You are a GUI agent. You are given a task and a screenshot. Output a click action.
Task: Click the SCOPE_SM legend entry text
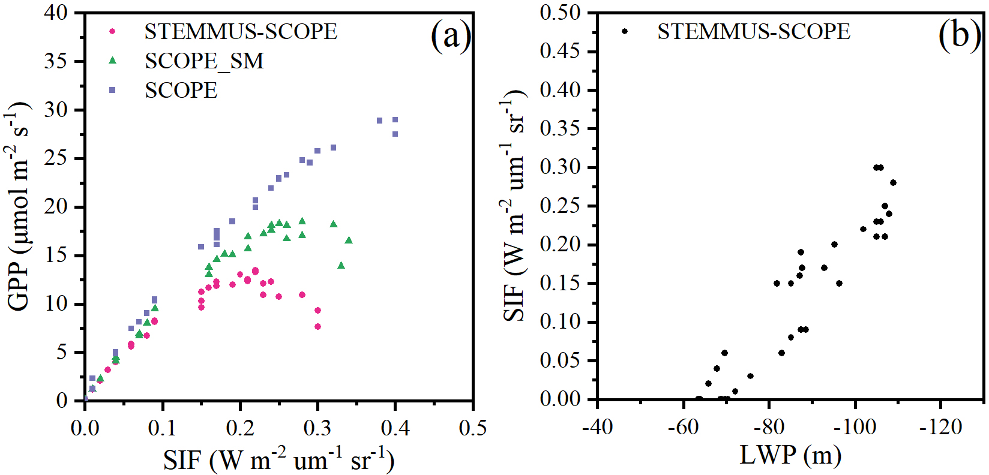point(204,61)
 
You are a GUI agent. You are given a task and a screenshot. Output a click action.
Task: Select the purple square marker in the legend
point(112,90)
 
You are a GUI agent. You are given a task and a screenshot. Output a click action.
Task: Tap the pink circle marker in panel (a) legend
point(112,31)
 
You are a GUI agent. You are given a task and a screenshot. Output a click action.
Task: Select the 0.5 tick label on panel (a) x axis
point(472,428)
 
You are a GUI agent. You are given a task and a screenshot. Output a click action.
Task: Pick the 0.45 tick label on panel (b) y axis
point(561,52)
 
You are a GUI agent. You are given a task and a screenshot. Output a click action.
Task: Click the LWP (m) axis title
point(790,455)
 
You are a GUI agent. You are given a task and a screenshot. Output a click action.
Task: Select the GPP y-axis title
point(19,206)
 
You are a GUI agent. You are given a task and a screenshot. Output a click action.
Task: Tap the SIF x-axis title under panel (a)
point(278,460)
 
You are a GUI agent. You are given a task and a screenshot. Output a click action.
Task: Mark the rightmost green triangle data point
point(349,240)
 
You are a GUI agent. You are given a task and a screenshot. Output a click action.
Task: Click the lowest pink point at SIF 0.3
point(317,327)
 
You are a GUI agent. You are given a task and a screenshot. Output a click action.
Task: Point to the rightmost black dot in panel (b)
point(893,183)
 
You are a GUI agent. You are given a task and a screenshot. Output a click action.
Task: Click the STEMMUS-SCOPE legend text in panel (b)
point(754,32)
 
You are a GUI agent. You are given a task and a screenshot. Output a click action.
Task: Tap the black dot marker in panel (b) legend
point(625,31)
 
